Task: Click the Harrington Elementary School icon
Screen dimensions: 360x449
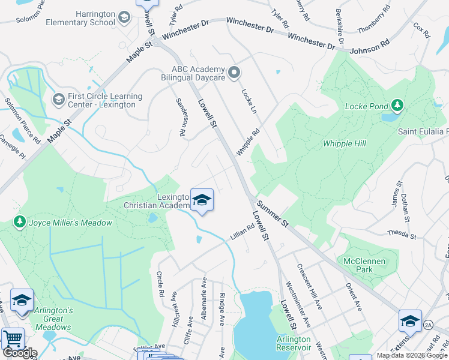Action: coord(124,17)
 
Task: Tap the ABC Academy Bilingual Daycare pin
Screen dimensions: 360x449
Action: coord(234,73)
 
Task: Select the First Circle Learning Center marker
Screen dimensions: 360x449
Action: coord(58,98)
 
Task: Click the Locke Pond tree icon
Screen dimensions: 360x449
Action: coord(397,106)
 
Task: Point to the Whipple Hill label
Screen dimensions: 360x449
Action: coord(344,143)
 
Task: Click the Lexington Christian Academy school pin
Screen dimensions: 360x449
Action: coord(202,200)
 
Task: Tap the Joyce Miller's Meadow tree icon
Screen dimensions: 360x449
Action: coord(19,223)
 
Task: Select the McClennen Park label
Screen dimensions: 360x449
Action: coord(358,265)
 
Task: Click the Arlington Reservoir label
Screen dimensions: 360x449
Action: coord(293,343)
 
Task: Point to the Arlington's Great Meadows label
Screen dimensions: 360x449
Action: coord(53,319)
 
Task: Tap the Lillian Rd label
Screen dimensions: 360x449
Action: coord(243,232)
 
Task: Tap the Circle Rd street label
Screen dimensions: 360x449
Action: coord(160,286)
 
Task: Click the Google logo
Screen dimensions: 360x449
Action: coord(20,353)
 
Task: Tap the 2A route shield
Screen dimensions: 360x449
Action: coord(428,325)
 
